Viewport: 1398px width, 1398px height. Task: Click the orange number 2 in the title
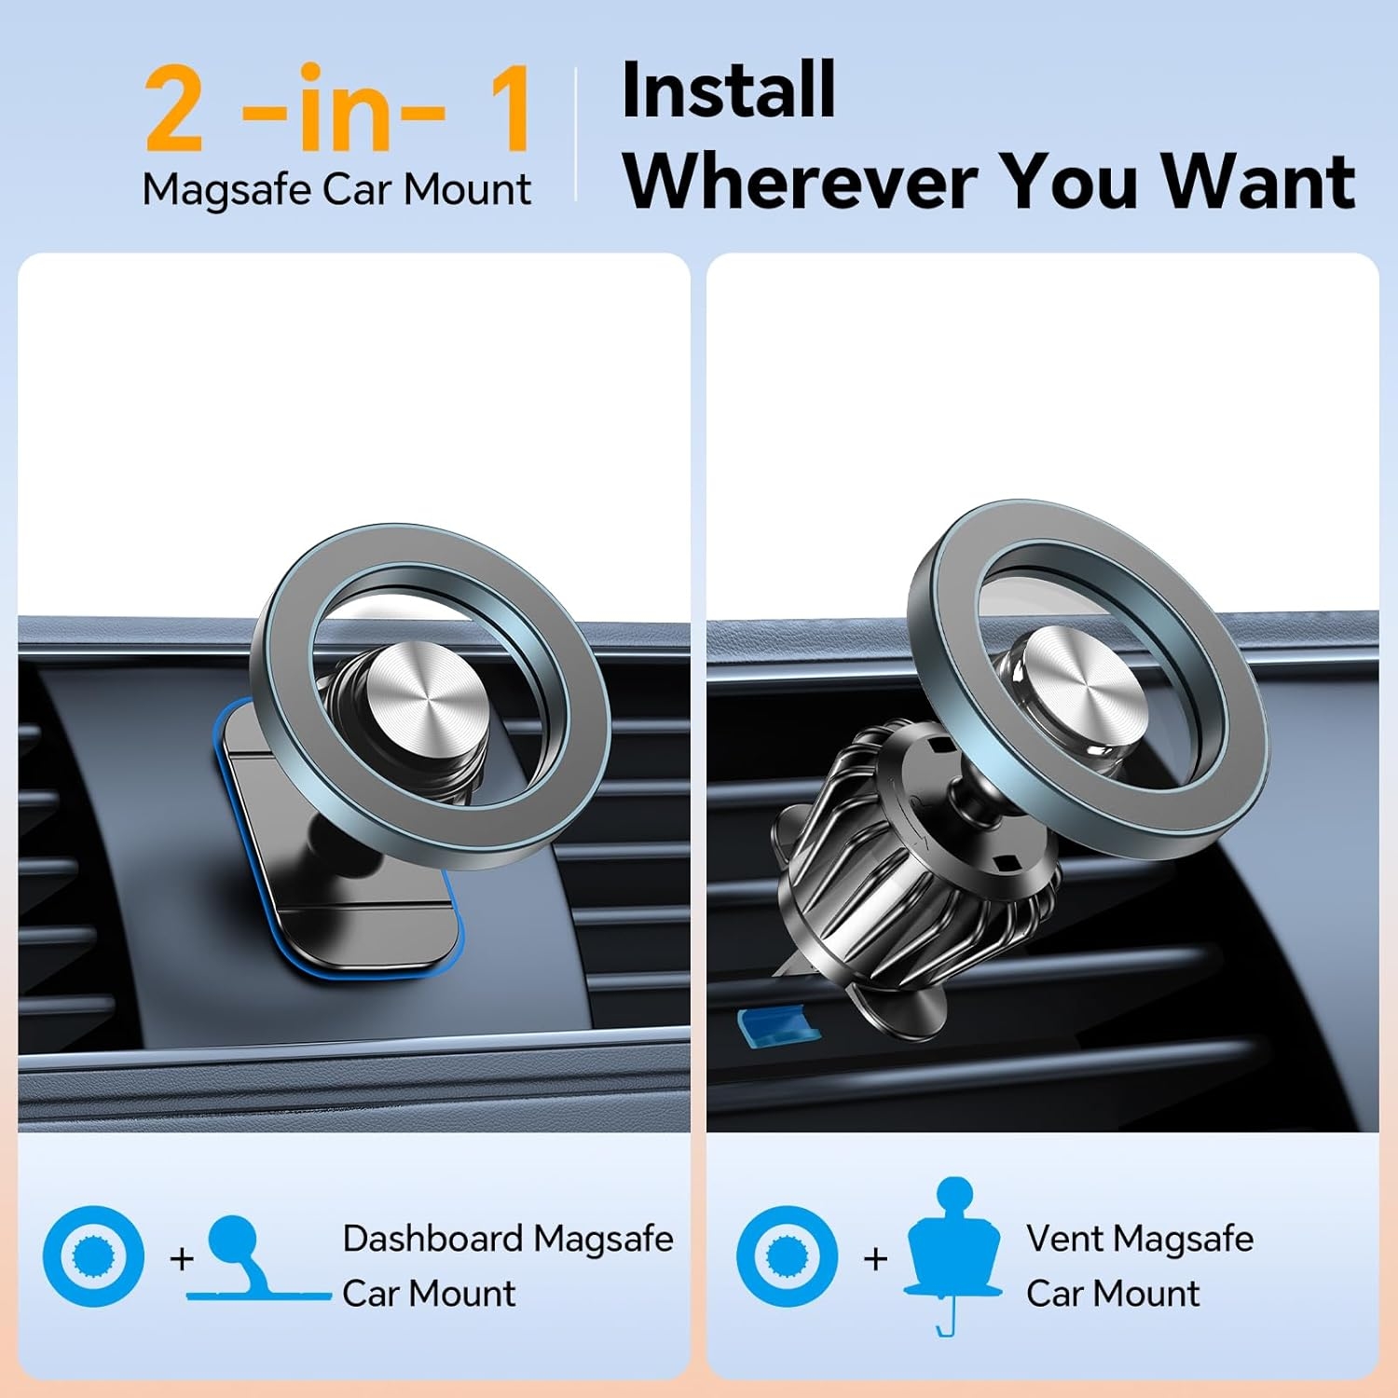[x=174, y=109]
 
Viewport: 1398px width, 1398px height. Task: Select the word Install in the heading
[x=728, y=89]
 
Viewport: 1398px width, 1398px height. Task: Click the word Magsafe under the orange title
[x=226, y=190]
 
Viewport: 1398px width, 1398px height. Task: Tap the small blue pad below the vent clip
[x=779, y=1024]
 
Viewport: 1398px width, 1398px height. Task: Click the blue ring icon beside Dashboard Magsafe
[x=93, y=1256]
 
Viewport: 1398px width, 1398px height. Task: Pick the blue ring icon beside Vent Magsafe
[x=787, y=1256]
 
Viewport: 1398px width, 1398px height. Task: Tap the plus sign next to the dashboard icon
[x=182, y=1259]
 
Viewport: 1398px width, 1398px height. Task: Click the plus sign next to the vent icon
[x=875, y=1259]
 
